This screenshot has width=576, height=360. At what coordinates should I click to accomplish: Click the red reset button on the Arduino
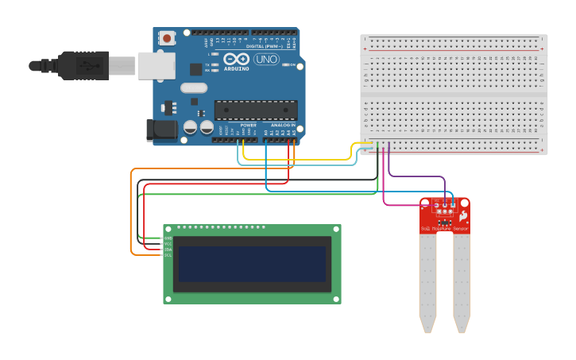tap(168, 38)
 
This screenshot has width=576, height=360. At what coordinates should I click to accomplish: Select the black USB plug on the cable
tap(83, 64)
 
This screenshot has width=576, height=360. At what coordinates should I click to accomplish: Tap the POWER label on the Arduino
tap(249, 126)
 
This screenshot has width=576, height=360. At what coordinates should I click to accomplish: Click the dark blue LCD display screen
tap(252, 264)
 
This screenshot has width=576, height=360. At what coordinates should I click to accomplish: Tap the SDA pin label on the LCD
tap(168, 250)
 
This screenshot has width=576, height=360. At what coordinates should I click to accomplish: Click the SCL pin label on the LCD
tap(168, 255)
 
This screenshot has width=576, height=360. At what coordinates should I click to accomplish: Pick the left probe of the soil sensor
tap(427, 282)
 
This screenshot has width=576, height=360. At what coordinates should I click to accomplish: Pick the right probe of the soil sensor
tap(462, 282)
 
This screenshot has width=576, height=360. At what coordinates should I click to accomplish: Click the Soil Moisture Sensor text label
tap(444, 229)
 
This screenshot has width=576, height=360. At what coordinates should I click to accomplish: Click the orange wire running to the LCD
tap(132, 215)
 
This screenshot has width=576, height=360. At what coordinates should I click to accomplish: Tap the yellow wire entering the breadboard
tap(302, 160)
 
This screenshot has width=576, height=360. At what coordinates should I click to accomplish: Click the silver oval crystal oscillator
tap(194, 88)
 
